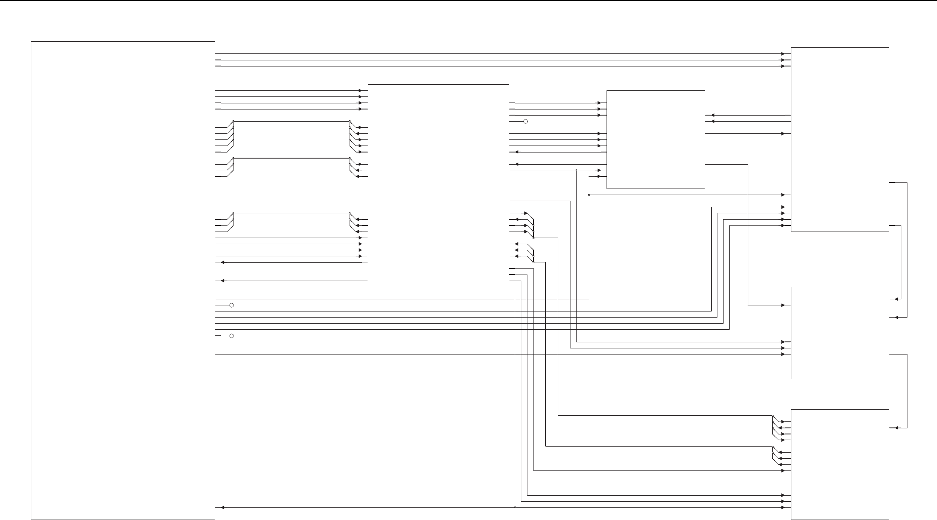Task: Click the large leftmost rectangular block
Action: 123,280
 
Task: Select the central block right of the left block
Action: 438,189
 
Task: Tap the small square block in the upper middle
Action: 655,139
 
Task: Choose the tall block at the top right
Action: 839,139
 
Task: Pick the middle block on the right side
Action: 839,333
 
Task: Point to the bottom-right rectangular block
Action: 839,464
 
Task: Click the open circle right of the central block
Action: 525,122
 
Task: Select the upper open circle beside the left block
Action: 231,305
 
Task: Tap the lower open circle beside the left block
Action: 231,336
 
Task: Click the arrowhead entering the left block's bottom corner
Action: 223,507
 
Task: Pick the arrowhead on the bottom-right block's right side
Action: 893,428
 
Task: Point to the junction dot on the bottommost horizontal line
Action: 515,507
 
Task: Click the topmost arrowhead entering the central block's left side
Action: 360,91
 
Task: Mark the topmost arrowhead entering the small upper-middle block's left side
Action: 599,103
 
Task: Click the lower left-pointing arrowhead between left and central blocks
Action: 223,281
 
